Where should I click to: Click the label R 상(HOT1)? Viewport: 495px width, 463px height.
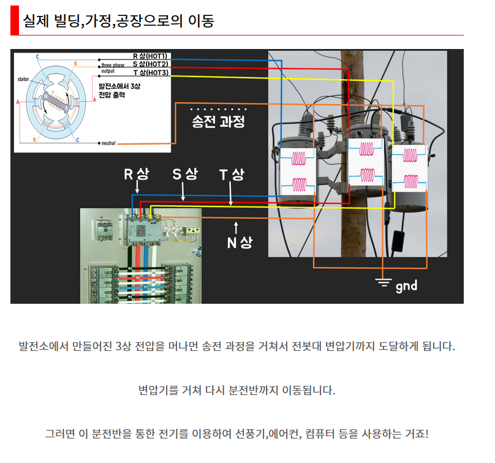coord(151,56)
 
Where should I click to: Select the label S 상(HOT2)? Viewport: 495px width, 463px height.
coord(151,64)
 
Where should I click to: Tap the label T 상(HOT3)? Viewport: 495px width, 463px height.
coord(151,72)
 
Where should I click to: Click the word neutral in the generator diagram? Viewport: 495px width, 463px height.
coord(109,143)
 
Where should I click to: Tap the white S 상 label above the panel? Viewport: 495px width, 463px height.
coord(184,174)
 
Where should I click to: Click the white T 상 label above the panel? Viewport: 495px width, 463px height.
coord(232,174)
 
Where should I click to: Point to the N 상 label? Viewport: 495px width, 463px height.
coord(239,243)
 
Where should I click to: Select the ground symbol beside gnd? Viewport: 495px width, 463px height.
coord(384,282)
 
